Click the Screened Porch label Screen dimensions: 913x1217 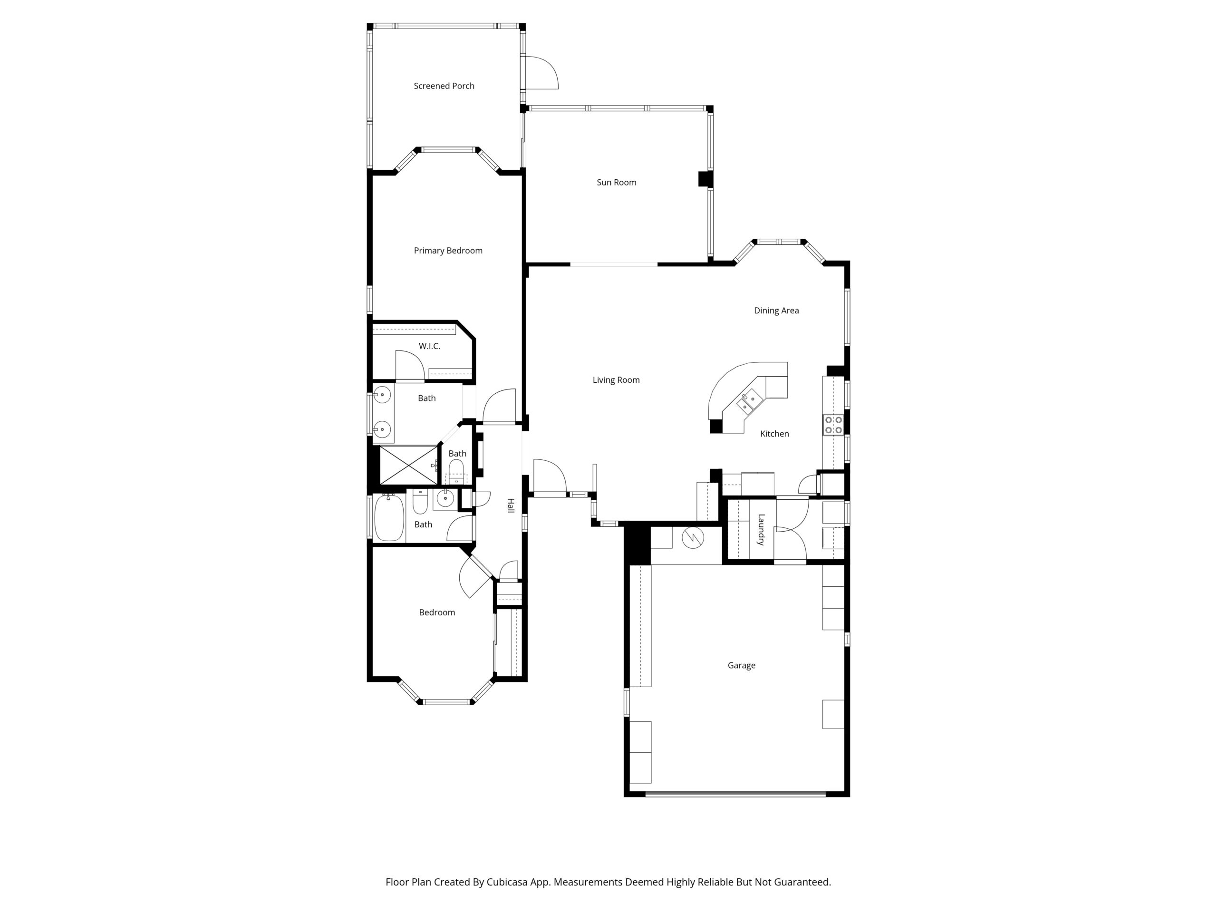pos(444,86)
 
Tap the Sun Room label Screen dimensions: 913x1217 pos(616,182)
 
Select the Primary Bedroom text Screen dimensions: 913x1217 pos(448,251)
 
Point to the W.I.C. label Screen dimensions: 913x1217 pos(429,346)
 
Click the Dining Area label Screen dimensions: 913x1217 pos(776,311)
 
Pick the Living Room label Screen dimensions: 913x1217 pos(616,380)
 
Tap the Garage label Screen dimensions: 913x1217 pos(741,665)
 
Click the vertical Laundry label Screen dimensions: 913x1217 pos(761,529)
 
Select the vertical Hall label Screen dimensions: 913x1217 pos(511,506)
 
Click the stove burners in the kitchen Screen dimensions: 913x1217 pos(833,425)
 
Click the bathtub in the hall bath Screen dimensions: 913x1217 pos(389,518)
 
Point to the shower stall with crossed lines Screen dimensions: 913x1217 pos(408,465)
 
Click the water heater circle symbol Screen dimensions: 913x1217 pos(693,538)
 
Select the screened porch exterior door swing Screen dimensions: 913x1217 pos(542,73)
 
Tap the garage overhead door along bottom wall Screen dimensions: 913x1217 pos(735,794)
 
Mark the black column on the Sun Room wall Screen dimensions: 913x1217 pos(705,179)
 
